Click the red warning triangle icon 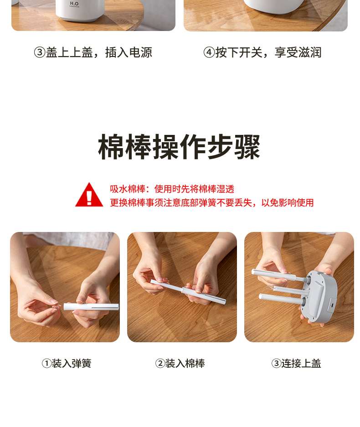pos(89,195)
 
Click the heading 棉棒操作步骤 pos(179,147)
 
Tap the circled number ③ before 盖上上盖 pos(40,52)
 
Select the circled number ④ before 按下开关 pos(209,52)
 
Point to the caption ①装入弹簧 pos(67,363)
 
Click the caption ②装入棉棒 pos(180,363)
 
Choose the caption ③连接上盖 pos(296,363)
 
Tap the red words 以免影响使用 pos(287,203)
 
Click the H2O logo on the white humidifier pos(74,4)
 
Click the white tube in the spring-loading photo pos(91,307)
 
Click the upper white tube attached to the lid pos(279,275)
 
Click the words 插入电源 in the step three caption pos(129,52)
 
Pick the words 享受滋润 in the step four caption pos(298,52)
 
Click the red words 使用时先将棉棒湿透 pos(194,189)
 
